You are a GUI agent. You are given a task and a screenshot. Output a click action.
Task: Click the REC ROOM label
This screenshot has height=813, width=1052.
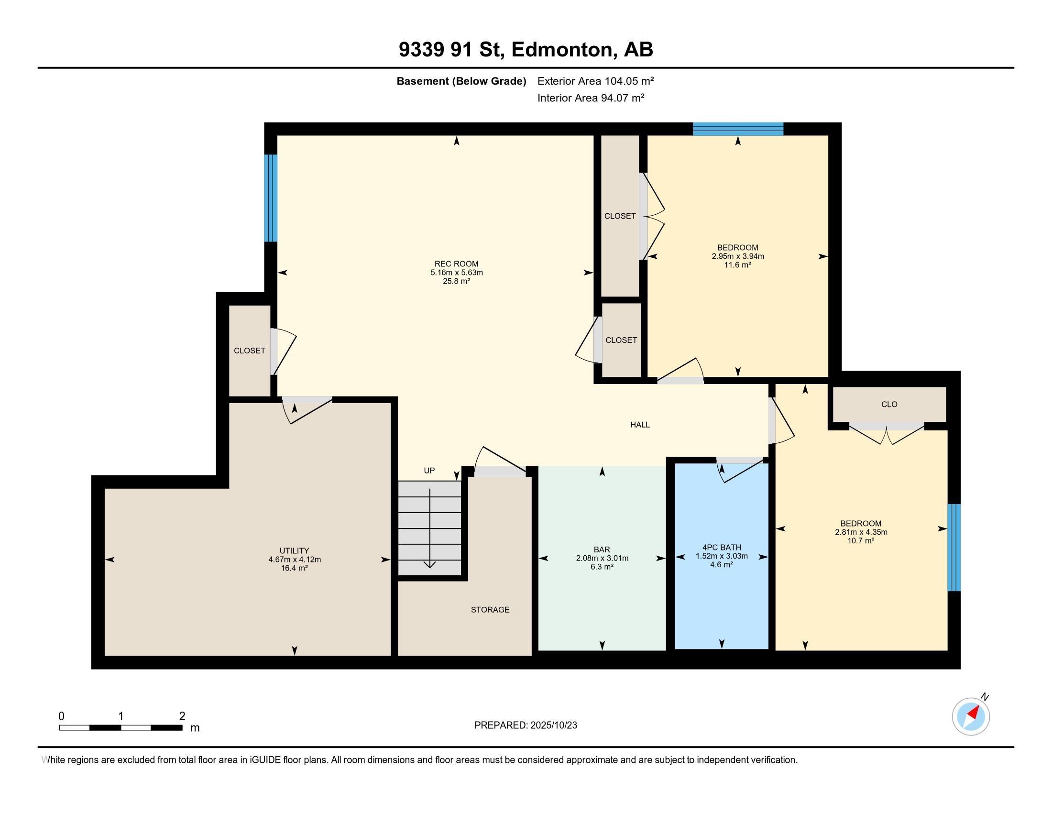click(x=456, y=264)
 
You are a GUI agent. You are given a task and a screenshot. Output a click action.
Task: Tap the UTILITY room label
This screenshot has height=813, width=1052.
click(x=294, y=550)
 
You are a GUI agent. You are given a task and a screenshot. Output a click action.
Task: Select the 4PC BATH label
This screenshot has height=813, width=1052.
click(x=722, y=547)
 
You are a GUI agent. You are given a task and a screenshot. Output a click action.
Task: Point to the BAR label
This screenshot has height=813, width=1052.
click(x=602, y=549)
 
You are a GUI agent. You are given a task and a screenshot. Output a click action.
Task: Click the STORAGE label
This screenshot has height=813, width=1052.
click(x=490, y=610)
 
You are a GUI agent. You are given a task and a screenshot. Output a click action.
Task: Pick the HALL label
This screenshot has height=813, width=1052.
click(x=640, y=424)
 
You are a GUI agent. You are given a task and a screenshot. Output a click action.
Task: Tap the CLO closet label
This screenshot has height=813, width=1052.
click(x=889, y=404)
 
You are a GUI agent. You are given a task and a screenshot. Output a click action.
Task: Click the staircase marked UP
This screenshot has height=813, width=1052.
click(x=429, y=528)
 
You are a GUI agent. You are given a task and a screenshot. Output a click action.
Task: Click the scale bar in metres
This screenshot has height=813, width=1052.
click(x=121, y=727)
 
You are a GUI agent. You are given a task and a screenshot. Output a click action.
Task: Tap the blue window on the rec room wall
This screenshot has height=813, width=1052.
click(x=271, y=198)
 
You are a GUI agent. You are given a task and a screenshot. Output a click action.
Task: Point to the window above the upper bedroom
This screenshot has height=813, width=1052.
click(x=738, y=129)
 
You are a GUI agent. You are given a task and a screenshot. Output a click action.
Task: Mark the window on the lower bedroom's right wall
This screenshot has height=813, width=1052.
click(x=954, y=548)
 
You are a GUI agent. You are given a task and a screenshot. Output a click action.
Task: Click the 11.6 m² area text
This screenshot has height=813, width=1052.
click(x=737, y=265)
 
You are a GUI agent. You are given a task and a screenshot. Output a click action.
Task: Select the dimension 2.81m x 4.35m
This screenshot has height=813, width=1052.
click(x=861, y=532)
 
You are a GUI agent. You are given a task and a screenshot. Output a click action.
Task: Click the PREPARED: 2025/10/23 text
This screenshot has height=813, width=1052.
click(x=526, y=725)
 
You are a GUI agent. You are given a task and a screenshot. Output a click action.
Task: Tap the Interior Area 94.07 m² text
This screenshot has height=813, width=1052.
click(x=591, y=98)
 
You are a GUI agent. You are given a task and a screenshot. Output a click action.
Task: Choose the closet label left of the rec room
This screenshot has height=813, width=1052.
click(x=250, y=351)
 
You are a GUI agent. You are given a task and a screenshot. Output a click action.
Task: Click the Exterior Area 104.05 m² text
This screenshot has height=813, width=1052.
click(x=595, y=81)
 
